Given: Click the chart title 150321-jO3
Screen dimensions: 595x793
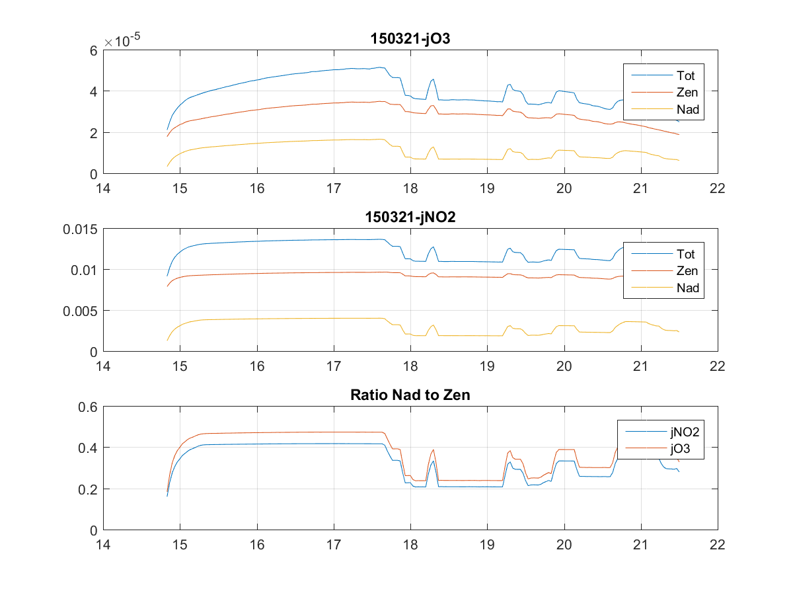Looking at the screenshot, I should [x=410, y=40].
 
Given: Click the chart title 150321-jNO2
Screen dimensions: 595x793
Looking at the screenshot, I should [x=410, y=218].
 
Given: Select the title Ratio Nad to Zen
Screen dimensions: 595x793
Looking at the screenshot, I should [x=410, y=396].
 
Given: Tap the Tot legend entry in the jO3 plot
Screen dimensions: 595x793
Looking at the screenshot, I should [x=685, y=75].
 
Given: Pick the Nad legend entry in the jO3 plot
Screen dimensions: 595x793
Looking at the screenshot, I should [x=687, y=110].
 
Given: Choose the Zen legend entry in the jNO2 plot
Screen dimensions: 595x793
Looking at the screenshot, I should [x=687, y=270].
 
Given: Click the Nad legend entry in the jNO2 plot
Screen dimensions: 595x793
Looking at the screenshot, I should [x=687, y=288].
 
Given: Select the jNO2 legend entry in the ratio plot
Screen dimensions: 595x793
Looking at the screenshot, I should [x=683, y=432].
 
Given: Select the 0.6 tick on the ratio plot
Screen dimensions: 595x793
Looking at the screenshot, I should [x=88, y=407].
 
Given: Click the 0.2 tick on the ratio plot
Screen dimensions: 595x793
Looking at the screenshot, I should [x=88, y=489].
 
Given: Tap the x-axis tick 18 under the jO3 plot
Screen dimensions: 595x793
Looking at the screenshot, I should [x=410, y=188].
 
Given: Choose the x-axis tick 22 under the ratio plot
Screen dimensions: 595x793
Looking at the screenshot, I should [x=717, y=545].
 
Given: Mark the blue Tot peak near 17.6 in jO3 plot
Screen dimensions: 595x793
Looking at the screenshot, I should [x=380, y=67].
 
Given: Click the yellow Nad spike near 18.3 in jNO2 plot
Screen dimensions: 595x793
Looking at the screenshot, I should [x=434, y=325].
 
